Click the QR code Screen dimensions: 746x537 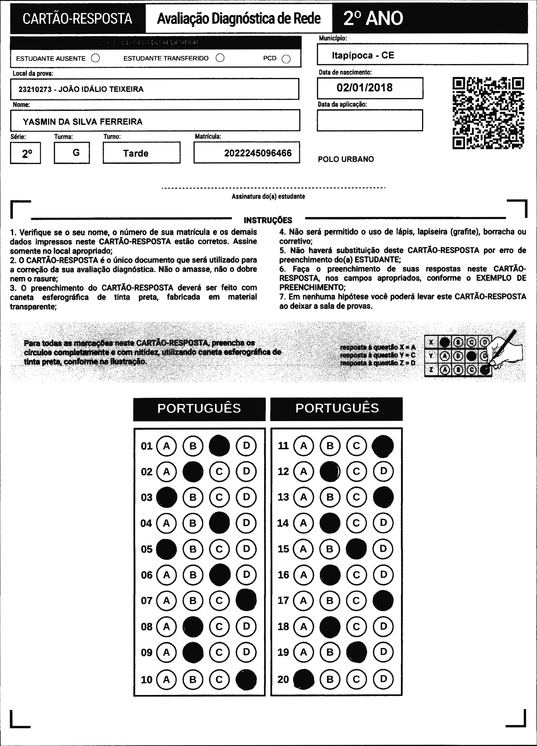pyautogui.click(x=488, y=113)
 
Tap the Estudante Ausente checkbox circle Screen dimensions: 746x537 pyautogui.click(x=95, y=58)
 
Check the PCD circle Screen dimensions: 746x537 pyautogui.click(x=286, y=59)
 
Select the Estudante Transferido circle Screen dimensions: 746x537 pyautogui.click(x=220, y=58)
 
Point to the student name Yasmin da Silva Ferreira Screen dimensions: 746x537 pyautogui.click(x=83, y=122)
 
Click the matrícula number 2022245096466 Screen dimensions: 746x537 pyautogui.click(x=258, y=153)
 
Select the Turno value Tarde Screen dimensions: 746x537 pyautogui.click(x=136, y=153)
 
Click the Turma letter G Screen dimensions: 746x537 pyautogui.click(x=76, y=153)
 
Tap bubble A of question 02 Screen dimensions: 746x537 pyautogui.click(x=166, y=472)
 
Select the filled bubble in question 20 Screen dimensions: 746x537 pyautogui.click(x=303, y=679)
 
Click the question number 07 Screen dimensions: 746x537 pyautogui.click(x=146, y=601)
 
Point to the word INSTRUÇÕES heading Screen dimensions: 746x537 pyautogui.click(x=268, y=220)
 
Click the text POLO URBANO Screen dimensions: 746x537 pyautogui.click(x=346, y=159)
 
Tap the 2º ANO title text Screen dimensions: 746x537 pyautogui.click(x=373, y=18)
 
